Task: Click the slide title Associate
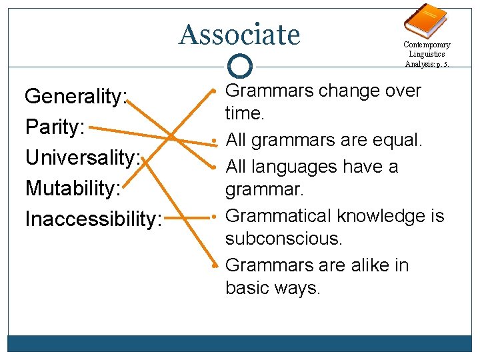coord(240,34)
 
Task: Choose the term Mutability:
coord(73,188)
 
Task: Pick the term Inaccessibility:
coord(93,219)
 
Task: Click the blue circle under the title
coord(240,66)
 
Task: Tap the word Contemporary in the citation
coord(427,45)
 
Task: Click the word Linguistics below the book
coord(427,54)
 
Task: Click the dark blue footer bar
coord(240,343)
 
